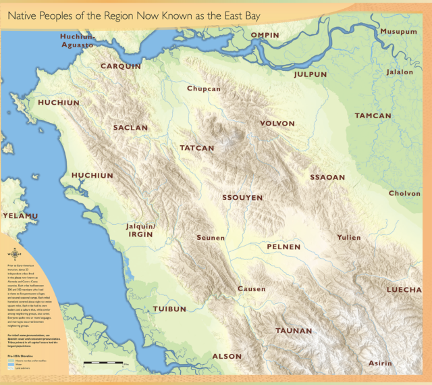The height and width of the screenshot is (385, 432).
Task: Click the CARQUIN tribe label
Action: tap(121, 66)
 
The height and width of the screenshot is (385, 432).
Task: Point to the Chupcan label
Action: tap(204, 88)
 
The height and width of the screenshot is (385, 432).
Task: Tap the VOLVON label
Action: tap(277, 124)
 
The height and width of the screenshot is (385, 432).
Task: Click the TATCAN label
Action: tap(196, 148)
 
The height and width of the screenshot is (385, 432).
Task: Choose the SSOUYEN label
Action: tap(242, 198)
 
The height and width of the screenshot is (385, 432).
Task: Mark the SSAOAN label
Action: tap(327, 177)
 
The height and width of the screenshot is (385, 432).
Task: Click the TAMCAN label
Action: tap(373, 115)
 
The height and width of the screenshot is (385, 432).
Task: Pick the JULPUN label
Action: tap(310, 74)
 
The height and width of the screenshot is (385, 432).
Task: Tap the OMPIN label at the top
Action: tap(265, 34)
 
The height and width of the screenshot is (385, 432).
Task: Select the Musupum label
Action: tap(398, 32)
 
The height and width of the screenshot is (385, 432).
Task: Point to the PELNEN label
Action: tap(283, 247)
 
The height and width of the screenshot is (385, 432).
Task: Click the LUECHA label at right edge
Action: tap(404, 290)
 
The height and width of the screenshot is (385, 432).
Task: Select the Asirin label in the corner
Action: tap(379, 363)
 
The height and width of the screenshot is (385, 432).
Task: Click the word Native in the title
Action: tap(25, 14)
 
